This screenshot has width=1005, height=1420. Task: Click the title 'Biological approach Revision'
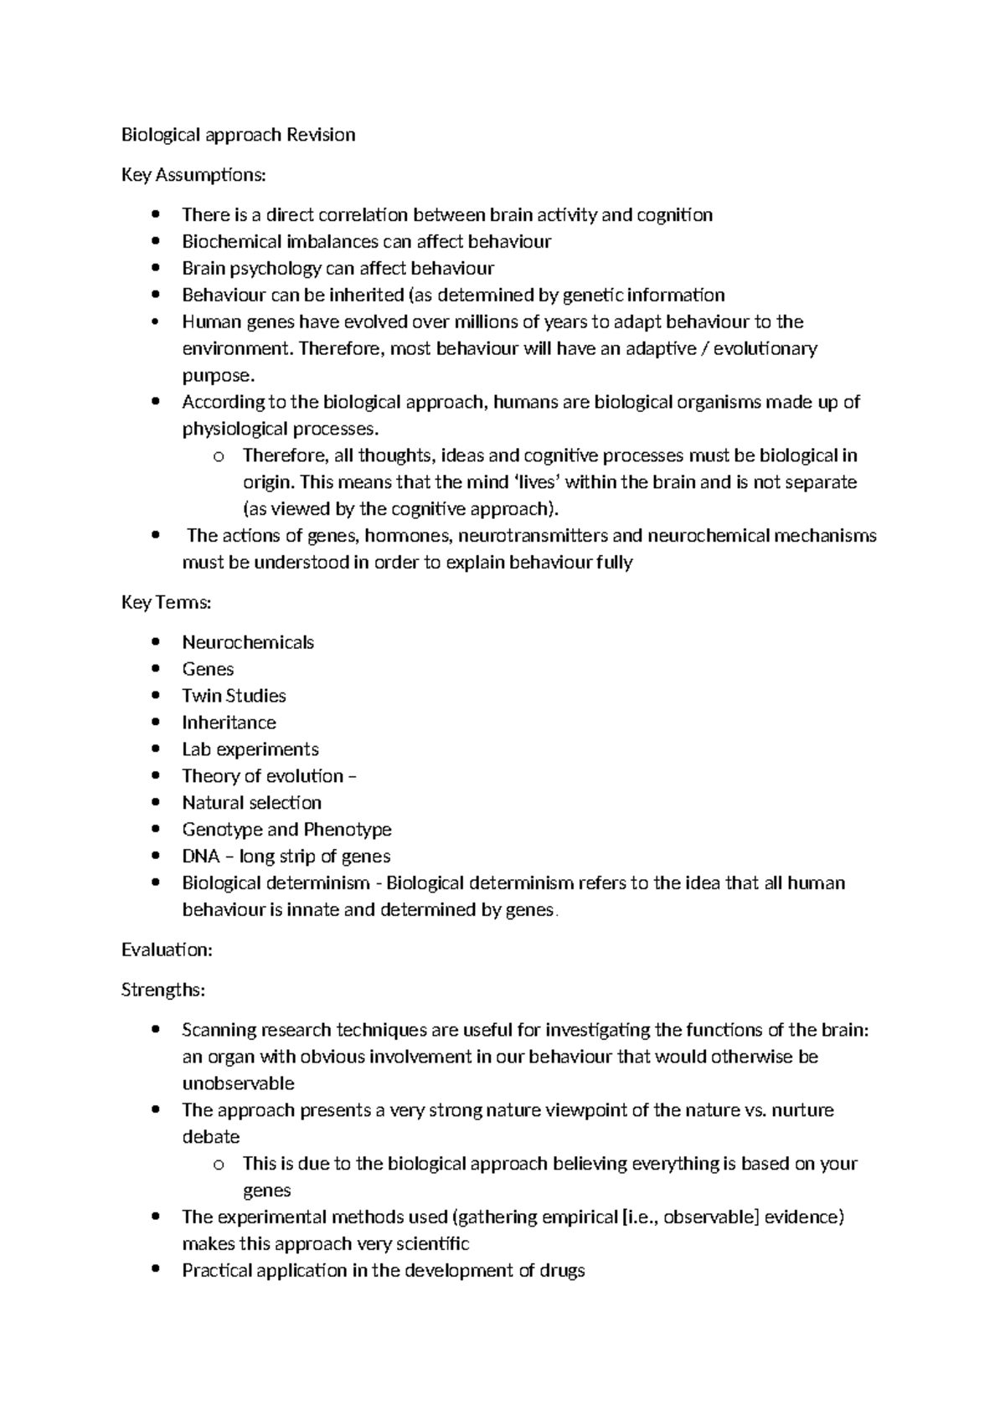(238, 135)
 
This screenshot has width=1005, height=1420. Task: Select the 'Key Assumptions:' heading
(193, 175)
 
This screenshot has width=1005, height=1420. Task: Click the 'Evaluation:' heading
(167, 949)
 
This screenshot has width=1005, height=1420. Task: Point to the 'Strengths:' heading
(162, 990)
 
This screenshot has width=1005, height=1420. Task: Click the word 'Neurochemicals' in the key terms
(248, 642)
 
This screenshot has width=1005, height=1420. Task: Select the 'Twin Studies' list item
(234, 696)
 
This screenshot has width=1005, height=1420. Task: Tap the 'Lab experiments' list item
(250, 749)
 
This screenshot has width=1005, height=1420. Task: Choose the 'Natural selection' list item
(251, 803)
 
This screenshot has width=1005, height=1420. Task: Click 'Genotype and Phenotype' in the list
(286, 830)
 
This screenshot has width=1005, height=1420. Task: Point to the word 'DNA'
(200, 857)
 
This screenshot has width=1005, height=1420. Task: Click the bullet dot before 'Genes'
(155, 670)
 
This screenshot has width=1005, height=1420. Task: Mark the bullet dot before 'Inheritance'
(155, 723)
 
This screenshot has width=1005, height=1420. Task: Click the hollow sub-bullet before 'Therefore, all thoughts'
(219, 457)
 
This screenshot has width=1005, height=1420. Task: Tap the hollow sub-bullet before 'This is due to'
(219, 1165)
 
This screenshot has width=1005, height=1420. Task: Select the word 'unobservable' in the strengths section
(238, 1083)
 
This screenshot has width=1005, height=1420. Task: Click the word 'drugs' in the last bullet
(562, 1271)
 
